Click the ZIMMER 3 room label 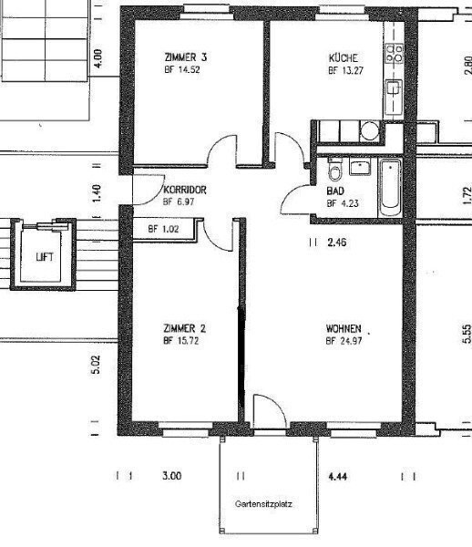click(x=186, y=57)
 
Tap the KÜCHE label click(x=343, y=57)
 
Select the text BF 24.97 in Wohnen click(x=344, y=341)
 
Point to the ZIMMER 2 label click(x=184, y=328)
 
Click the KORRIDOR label click(x=185, y=190)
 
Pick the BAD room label click(x=335, y=191)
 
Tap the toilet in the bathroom click(x=335, y=170)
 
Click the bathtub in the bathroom click(x=390, y=187)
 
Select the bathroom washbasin click(x=360, y=167)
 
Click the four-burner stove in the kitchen click(x=395, y=53)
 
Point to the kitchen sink click(x=394, y=90)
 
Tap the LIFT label click(x=45, y=257)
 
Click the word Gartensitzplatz click(x=263, y=504)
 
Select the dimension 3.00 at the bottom click(x=172, y=476)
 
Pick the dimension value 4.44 click(x=337, y=476)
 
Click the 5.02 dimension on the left click(x=96, y=364)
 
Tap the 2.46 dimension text click(x=337, y=242)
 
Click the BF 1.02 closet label click(x=163, y=229)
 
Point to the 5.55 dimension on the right click(x=467, y=334)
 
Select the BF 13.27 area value click(x=346, y=70)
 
